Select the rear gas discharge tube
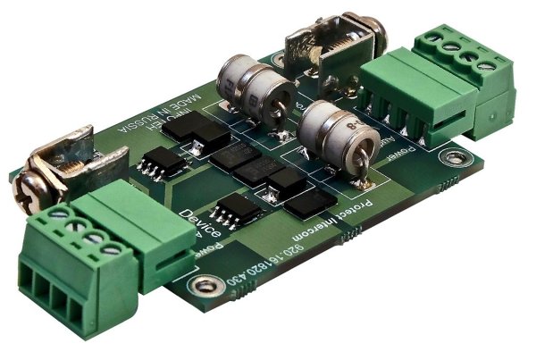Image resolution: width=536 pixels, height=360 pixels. pyautogui.click(x=255, y=88)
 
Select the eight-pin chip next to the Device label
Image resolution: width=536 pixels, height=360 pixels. pyautogui.click(x=237, y=210)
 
